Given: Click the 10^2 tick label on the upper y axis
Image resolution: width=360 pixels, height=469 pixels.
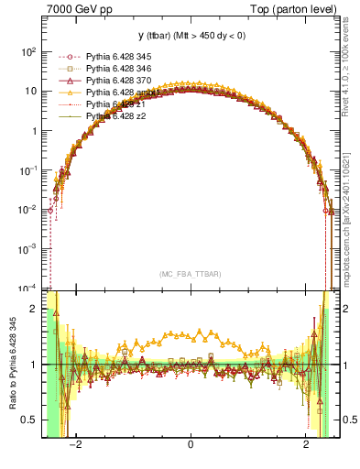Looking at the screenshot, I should coord(27,52).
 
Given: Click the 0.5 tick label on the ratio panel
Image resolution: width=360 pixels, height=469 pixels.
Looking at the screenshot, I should coord(29,420).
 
